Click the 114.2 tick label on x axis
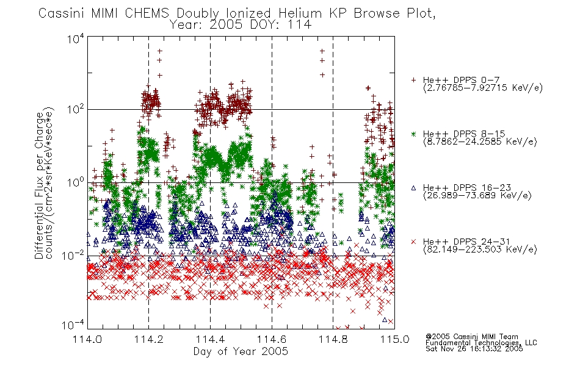click(x=149, y=339)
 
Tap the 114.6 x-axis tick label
click(x=272, y=339)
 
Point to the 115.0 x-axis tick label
click(x=394, y=339)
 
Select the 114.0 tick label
click(x=87, y=339)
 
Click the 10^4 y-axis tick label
click(x=76, y=38)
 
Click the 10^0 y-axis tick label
click(x=76, y=182)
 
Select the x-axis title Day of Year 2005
click(x=241, y=351)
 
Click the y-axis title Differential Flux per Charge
click(x=39, y=185)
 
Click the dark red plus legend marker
click(x=413, y=80)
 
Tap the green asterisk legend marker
click(x=413, y=134)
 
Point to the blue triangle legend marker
click(x=413, y=188)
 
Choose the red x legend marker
click(x=413, y=242)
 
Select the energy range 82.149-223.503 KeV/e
click(x=480, y=249)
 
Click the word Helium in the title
click(x=300, y=13)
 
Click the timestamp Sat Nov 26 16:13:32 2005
click(x=474, y=349)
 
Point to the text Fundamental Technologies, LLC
click(x=481, y=343)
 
